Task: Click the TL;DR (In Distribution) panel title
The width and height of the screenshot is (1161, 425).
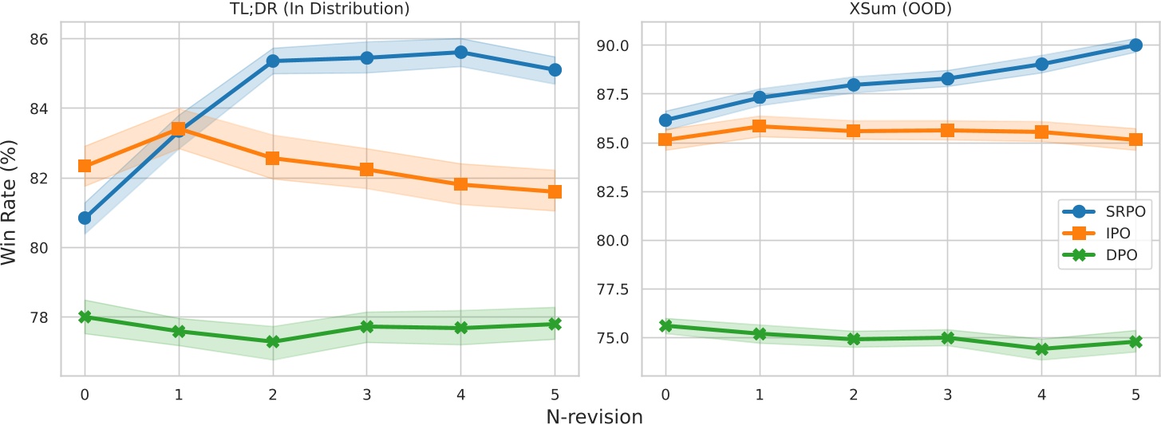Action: (x=319, y=10)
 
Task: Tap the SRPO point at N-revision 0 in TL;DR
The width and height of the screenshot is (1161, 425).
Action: (x=85, y=218)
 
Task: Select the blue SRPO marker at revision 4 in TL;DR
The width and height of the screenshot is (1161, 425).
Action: (x=460, y=52)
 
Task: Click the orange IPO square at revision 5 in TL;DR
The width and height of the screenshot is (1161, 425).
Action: (x=555, y=191)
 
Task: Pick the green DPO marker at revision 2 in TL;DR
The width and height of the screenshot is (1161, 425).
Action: (x=272, y=341)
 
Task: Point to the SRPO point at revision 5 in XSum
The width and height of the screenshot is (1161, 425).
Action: (x=1135, y=45)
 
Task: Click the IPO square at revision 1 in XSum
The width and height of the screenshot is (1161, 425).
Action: (x=759, y=126)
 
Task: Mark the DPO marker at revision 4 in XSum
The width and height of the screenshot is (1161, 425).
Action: (x=1041, y=348)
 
